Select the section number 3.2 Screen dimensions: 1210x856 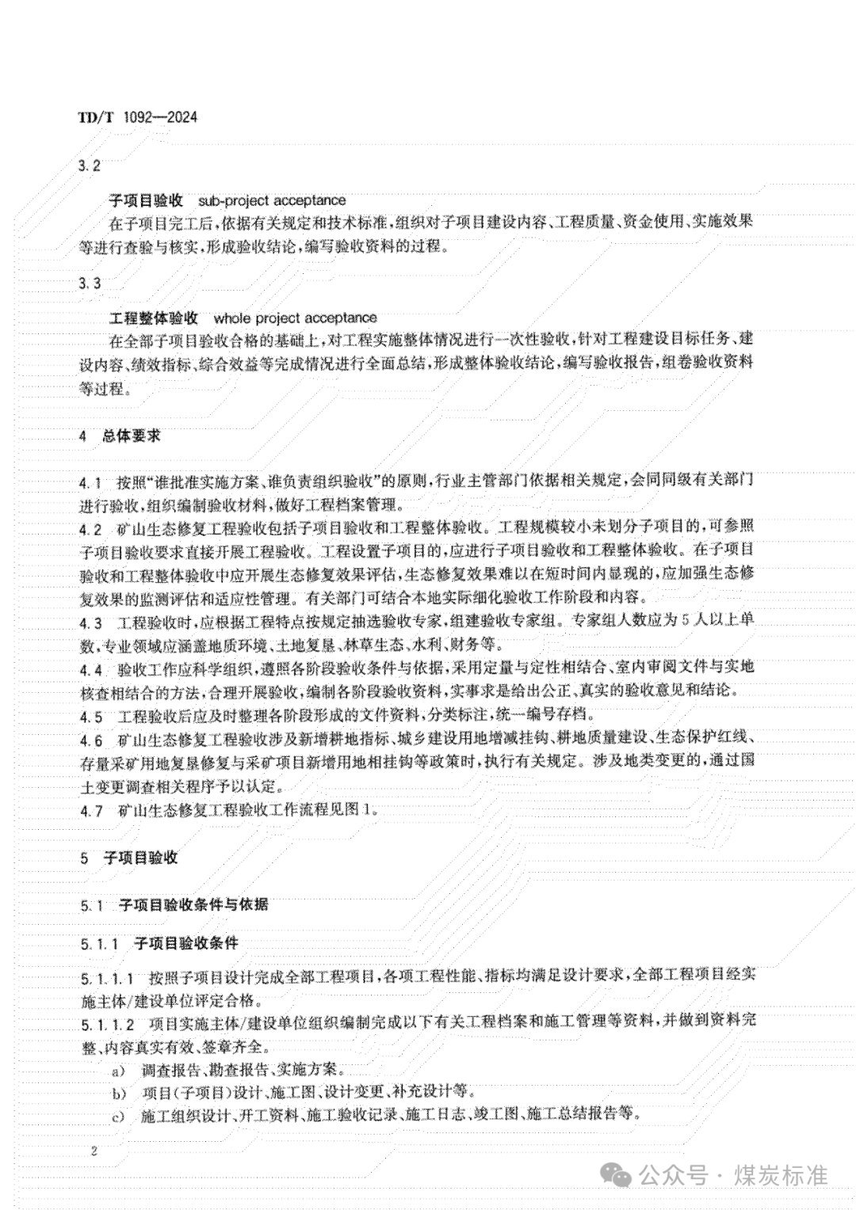pyautogui.click(x=91, y=166)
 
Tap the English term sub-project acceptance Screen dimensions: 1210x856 pyautogui.click(x=272, y=200)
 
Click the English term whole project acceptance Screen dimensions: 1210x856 pyautogui.click(x=295, y=318)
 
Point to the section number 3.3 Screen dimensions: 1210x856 pyautogui.click(x=91, y=283)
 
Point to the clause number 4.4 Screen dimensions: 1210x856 pyautogui.click(x=91, y=670)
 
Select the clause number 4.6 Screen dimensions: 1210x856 pyautogui.click(x=91, y=741)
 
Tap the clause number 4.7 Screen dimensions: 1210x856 pyautogui.click(x=91, y=810)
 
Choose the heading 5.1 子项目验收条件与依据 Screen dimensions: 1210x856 pyautogui.click(x=174, y=904)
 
